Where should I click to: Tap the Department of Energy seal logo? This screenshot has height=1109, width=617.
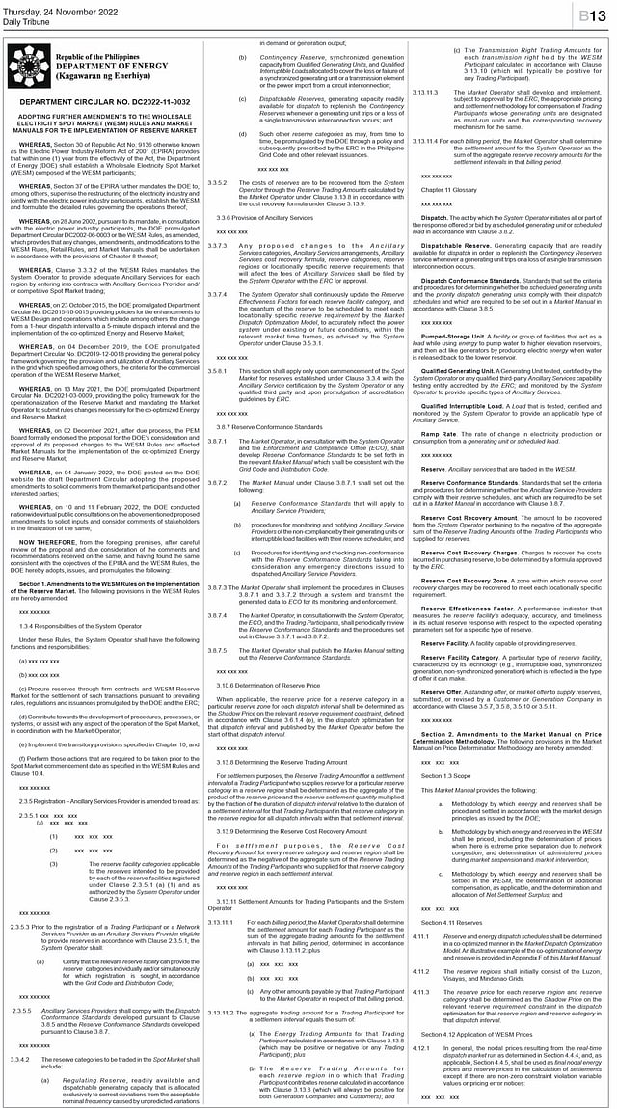click(30, 68)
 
